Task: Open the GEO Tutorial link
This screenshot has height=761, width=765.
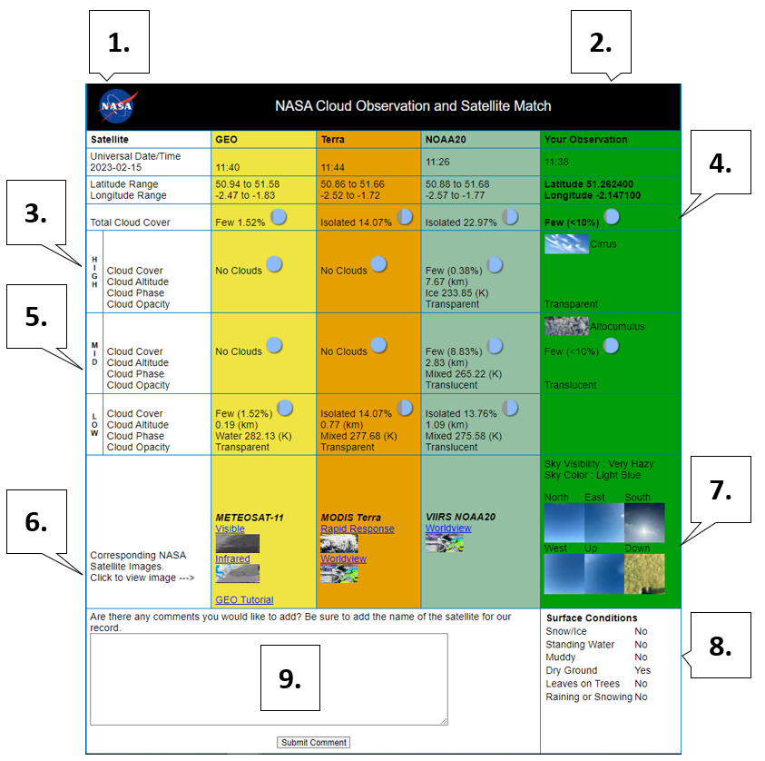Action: (244, 600)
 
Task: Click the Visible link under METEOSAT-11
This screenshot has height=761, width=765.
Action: (230, 529)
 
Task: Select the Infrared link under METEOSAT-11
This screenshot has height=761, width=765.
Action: (232, 558)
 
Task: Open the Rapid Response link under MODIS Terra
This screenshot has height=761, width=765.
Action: (358, 529)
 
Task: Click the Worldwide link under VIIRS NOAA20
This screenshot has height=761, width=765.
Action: (448, 529)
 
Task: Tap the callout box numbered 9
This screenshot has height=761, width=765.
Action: (290, 677)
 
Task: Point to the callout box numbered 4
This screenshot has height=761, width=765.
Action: (721, 163)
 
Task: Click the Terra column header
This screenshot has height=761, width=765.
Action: (333, 140)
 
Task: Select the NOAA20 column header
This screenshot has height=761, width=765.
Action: (446, 140)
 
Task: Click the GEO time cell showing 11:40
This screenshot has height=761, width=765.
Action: (228, 167)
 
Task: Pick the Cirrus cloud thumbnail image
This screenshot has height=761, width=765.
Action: (566, 244)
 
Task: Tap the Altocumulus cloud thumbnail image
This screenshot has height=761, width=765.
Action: (566, 326)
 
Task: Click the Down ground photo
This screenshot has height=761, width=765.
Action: (644, 574)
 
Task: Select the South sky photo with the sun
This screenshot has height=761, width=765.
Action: (644, 523)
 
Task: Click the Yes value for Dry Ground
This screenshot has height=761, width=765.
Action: (642, 671)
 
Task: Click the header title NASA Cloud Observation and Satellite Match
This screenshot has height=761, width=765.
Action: (413, 106)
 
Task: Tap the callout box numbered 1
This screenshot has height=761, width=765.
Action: (119, 42)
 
